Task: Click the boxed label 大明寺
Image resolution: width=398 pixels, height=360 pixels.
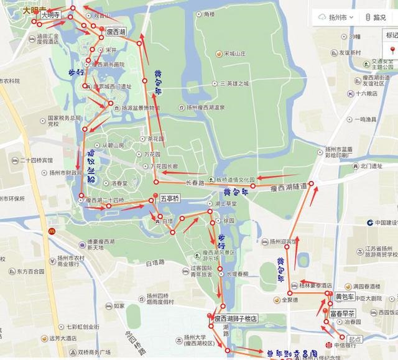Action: (51, 14)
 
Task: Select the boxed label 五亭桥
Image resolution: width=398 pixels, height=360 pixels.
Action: (169, 199)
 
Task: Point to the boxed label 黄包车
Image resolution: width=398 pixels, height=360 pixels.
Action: (345, 297)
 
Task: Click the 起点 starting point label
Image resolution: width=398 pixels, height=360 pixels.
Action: (354, 339)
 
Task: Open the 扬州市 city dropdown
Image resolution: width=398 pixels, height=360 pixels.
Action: (336, 17)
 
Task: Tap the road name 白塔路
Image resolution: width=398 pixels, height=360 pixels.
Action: (153, 264)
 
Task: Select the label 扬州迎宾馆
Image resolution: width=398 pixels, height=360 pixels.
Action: (278, 242)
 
